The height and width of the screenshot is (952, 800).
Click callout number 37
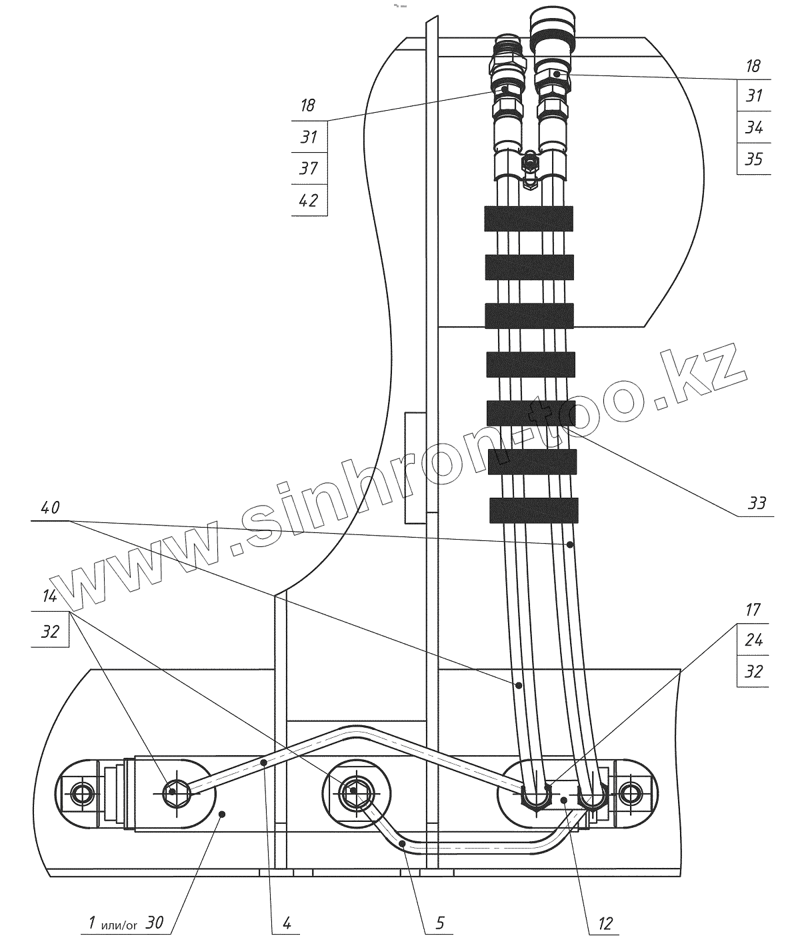[x=308, y=168]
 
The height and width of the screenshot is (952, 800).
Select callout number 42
[x=308, y=199]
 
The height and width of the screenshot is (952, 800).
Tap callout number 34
[x=754, y=127]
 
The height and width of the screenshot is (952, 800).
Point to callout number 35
[x=754, y=159]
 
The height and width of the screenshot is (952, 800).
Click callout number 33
[x=757, y=503]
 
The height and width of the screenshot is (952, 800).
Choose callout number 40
[x=50, y=508]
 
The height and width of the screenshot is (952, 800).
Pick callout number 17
[x=753, y=610]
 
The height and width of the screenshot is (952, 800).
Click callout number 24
[x=753, y=640]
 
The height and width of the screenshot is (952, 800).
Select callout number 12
[x=605, y=924]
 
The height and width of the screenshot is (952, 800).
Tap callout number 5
[x=440, y=924]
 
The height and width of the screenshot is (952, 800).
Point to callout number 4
[x=287, y=924]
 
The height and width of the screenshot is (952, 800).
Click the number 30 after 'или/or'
[x=155, y=924]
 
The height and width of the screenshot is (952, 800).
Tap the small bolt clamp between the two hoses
[x=530, y=163]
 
